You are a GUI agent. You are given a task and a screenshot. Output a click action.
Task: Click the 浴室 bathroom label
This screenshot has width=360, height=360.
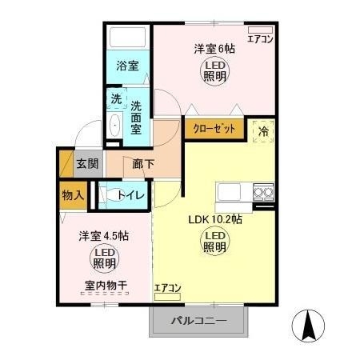[127, 66]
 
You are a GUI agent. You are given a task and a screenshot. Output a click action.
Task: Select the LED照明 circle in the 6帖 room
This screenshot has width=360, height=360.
[213, 72]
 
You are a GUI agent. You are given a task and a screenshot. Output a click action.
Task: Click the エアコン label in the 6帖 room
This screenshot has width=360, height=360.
[261, 38]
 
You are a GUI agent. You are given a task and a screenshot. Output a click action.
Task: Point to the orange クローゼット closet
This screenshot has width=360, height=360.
[214, 128]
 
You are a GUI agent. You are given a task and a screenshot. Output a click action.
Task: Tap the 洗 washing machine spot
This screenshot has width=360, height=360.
[115, 100]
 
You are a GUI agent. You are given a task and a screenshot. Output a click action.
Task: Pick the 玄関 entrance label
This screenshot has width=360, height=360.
[87, 165]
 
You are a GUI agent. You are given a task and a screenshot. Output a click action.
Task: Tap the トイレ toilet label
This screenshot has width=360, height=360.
[130, 195]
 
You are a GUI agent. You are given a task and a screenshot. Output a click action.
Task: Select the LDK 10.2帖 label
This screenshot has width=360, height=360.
[214, 220]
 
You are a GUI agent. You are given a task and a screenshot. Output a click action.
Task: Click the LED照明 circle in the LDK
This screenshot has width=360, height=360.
[215, 242]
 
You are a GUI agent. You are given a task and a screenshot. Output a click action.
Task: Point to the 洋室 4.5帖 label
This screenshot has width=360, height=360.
[104, 237]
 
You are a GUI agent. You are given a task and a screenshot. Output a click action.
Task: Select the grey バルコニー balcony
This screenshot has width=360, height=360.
[199, 322]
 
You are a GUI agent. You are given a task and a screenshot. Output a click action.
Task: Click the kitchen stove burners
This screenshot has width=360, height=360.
[263, 191]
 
